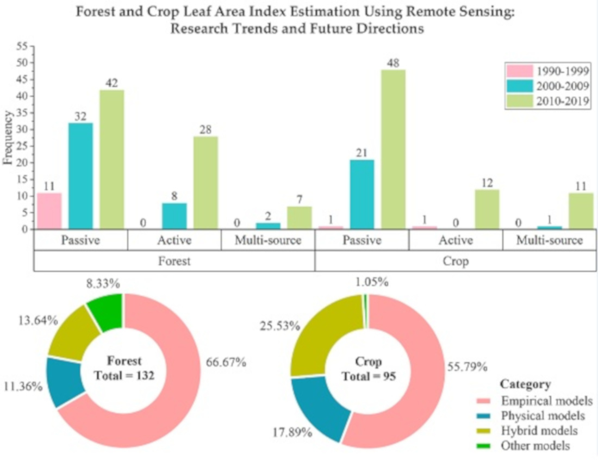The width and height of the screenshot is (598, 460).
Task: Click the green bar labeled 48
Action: (x=393, y=149)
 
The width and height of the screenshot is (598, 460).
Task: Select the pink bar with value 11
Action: (x=49, y=211)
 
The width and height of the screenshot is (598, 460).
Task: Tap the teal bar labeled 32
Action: (x=80, y=176)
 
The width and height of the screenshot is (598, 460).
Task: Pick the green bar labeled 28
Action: (x=205, y=183)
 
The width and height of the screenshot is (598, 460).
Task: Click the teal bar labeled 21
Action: (x=362, y=194)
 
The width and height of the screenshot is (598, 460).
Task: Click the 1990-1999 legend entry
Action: (x=546, y=71)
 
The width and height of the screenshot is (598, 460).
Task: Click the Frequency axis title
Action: (x=8, y=138)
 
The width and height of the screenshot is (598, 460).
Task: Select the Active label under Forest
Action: (x=174, y=240)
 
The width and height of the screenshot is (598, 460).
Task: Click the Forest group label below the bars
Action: (x=175, y=260)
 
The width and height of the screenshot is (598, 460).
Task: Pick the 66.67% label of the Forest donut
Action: (x=226, y=362)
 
